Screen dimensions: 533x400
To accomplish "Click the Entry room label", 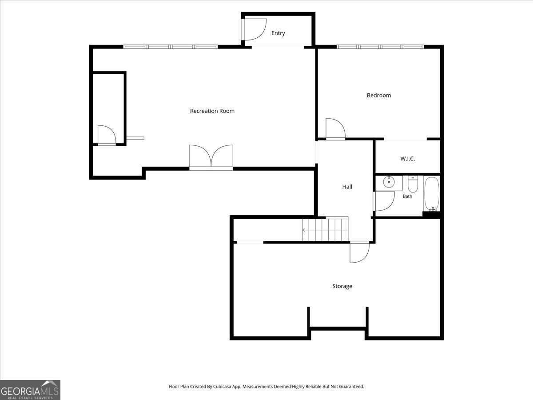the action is tap(278, 33).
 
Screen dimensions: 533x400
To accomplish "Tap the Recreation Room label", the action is tap(212, 111).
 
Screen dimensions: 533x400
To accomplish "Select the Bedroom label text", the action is tap(379, 95).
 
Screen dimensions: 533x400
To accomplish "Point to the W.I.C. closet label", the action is tap(407, 159).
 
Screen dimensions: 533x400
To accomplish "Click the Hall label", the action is tap(347, 187).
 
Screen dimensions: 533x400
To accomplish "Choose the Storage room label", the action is tap(342, 286).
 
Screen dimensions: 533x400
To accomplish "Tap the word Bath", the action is tap(407, 196).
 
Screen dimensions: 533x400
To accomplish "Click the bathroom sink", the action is tap(389, 182).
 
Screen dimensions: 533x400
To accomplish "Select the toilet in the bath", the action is tap(413, 184).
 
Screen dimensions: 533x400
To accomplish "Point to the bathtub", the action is tap(432, 194).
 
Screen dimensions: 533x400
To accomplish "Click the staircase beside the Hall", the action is tap(325, 229).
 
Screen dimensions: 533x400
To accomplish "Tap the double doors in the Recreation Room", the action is tap(211, 156).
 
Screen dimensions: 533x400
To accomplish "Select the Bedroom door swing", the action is tap(335, 129).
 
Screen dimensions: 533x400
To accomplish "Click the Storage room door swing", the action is tap(359, 253).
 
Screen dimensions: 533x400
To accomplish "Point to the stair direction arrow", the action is tap(304, 230).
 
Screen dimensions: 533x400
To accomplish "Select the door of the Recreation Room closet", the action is tap(107, 135).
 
